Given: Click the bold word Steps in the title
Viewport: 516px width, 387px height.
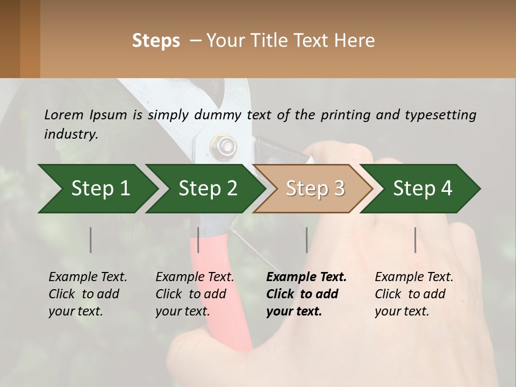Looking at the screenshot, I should click(x=156, y=41).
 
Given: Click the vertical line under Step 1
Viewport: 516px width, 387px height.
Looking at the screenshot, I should click(x=90, y=240).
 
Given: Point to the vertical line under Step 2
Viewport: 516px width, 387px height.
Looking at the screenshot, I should click(x=198, y=240).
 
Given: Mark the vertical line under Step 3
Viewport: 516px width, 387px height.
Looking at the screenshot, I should click(x=306, y=240).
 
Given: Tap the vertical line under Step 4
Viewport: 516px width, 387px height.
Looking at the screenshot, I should click(x=415, y=240).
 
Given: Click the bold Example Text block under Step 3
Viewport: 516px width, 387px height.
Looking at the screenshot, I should click(x=306, y=294).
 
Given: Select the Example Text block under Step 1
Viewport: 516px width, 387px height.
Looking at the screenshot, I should click(x=88, y=294).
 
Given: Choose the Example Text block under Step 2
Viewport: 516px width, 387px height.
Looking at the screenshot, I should click(x=195, y=294).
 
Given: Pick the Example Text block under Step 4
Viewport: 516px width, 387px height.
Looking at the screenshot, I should click(x=414, y=294).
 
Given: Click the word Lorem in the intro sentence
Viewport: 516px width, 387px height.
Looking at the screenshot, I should click(x=64, y=115).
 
